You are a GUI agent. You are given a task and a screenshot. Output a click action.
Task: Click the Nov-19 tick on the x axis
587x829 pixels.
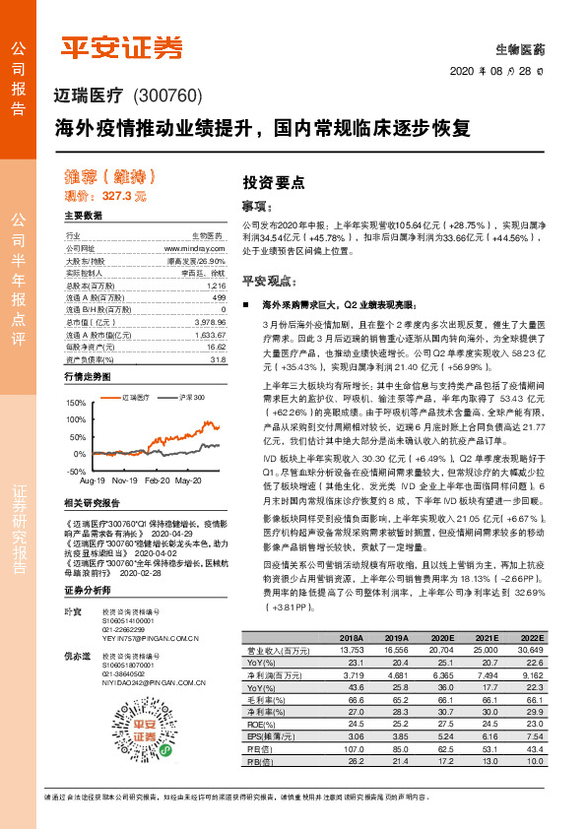(124, 455)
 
